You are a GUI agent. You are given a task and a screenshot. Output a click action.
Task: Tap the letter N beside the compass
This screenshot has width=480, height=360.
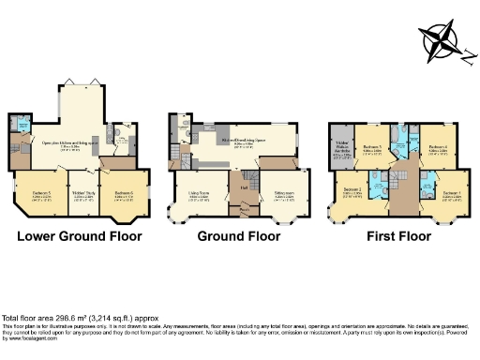click(x=466, y=53)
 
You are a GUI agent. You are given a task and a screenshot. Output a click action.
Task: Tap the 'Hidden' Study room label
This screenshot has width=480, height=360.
click(x=83, y=195)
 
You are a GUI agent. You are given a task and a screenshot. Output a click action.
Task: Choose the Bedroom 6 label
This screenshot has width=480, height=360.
click(x=126, y=193)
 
